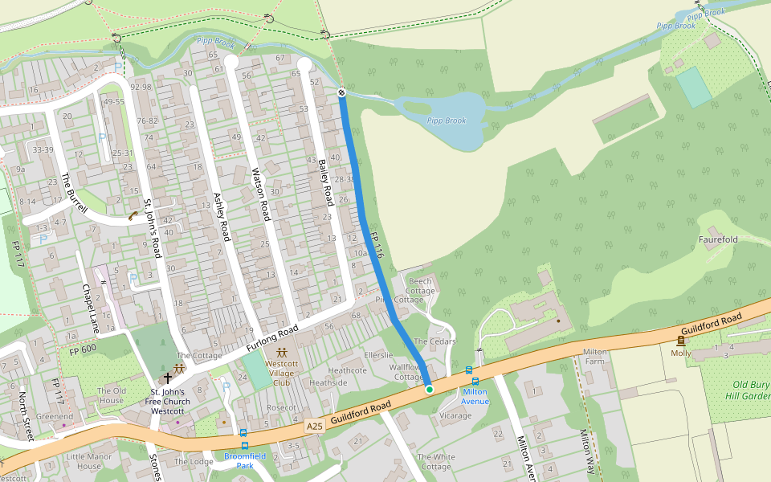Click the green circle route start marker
coord(430,390)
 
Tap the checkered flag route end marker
coord(341,92)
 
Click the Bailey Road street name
coord(325,182)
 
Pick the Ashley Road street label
coord(221,216)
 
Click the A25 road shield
coord(314,426)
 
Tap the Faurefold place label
coord(718,239)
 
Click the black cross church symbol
coord(168,377)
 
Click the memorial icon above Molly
coord(681,341)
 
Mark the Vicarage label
coord(455,416)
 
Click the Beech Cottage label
coord(421,286)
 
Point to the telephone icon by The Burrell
coord(132,215)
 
